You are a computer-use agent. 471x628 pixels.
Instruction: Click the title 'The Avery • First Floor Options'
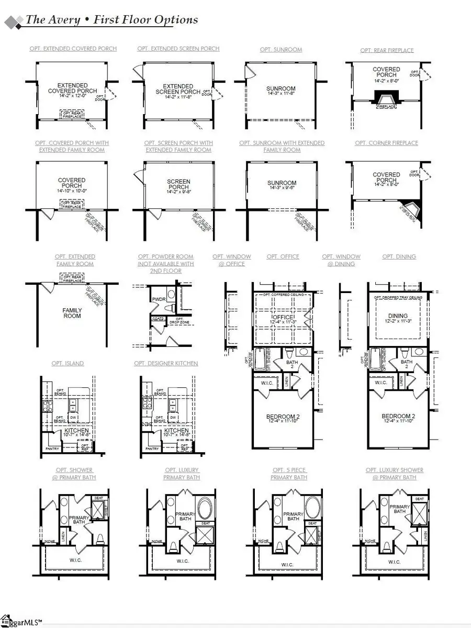coord(112,20)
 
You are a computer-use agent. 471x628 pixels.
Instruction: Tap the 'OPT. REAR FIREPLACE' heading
coord(387,50)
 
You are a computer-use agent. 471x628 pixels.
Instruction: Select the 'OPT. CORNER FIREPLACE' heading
coord(387,143)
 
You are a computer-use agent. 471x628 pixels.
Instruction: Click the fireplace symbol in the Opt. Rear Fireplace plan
coord(387,97)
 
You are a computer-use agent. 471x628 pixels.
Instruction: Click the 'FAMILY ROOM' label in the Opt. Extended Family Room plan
coord(72,313)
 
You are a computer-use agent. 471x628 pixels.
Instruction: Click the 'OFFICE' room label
coord(283,318)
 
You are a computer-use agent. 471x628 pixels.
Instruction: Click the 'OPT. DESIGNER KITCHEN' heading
coord(166,363)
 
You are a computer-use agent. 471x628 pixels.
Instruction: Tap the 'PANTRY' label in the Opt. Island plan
coord(51,448)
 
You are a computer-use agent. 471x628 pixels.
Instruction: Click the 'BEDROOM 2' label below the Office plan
coord(283,419)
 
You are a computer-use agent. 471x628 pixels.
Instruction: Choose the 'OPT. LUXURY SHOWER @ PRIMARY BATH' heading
coord(395,474)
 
